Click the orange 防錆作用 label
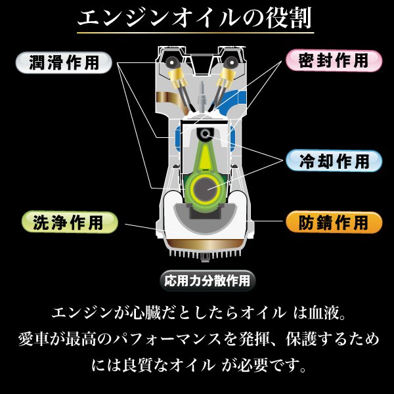coord(334,222)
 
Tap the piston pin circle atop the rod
coord(207,134)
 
